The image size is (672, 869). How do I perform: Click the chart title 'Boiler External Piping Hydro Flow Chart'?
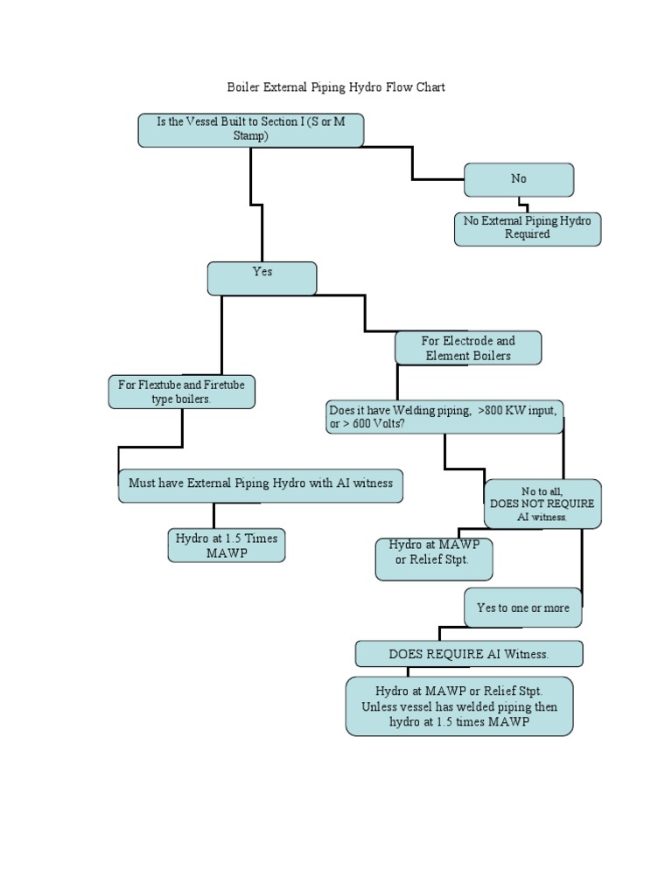336,87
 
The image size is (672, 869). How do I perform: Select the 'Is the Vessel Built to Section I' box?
250,129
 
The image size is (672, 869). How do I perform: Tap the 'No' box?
519,179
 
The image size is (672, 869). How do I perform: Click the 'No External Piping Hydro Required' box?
528,228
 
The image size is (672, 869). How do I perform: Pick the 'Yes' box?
262,278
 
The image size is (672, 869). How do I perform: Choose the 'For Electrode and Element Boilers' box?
468,348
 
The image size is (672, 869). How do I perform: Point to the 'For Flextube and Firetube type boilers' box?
181,392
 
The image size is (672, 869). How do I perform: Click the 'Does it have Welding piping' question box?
444,417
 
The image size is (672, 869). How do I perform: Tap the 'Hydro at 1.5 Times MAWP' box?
227,546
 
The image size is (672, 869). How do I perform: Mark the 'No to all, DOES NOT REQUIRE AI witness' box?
542,504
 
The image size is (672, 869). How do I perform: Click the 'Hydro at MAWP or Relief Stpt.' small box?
434,560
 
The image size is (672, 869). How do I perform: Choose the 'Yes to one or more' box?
522,608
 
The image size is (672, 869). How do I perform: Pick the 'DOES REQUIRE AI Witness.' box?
469,654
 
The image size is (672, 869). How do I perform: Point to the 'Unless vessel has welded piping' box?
459,706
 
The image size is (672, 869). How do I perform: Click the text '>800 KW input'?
517,409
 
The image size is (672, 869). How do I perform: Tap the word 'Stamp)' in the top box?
250,136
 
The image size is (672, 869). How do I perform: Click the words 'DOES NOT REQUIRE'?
542,504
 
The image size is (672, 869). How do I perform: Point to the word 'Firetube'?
225,385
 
